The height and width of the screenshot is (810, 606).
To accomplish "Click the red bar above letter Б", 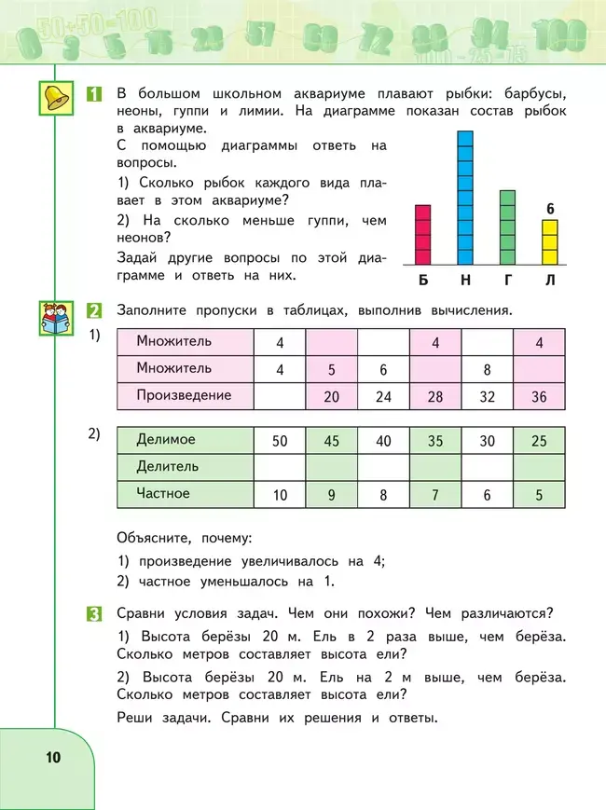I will coord(422,235).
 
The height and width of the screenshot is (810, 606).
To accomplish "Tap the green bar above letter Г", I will coord(507,227).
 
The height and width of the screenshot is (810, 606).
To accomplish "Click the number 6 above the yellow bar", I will coord(550,209).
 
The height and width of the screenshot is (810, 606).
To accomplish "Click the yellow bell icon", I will coord(57,99).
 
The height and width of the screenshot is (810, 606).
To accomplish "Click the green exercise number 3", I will coord(94,613).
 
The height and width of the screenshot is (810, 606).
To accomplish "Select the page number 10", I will coord(51,757).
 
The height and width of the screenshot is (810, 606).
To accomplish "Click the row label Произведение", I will coord(184,395).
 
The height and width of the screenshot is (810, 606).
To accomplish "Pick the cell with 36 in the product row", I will coord(539,396).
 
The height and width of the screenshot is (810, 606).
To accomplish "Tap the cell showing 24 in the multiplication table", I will coord(383,396).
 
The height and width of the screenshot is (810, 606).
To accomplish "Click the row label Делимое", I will coord(166,439).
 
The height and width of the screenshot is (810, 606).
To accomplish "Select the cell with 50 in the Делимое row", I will coord(280,440).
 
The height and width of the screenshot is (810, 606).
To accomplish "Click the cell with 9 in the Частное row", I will coord(331,495).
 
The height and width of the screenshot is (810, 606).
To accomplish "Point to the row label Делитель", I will coord(168,466).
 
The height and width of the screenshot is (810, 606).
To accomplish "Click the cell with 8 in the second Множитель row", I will coord(487,369).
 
